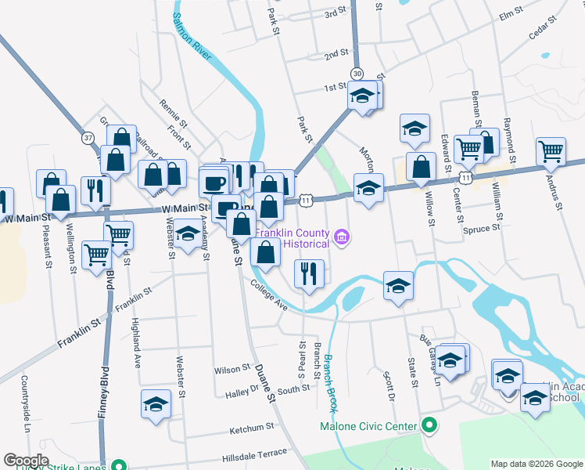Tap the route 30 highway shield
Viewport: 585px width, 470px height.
coord(357,73)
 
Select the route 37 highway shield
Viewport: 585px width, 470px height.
coord(88,137)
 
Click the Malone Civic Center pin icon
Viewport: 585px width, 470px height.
coord(429,426)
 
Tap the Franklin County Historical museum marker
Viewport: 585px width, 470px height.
coord(341,236)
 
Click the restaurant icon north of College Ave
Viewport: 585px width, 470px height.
coord(309,273)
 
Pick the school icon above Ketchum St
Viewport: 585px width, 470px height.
coord(156,403)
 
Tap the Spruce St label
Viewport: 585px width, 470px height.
coord(483,229)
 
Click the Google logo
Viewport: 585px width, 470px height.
coord(27,460)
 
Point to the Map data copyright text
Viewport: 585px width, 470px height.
coord(537,464)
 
